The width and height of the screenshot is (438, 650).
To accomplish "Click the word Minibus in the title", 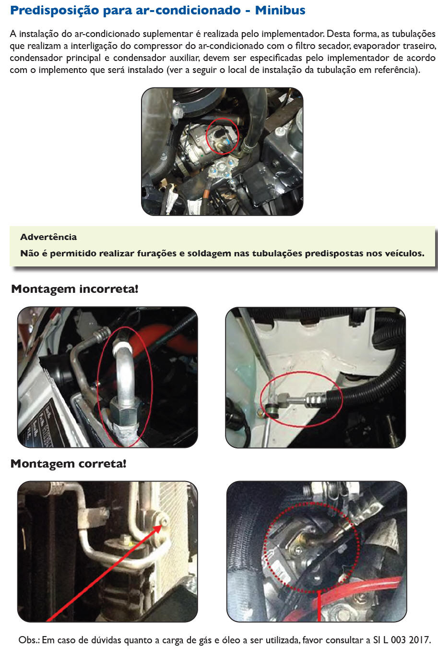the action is (x=280, y=10).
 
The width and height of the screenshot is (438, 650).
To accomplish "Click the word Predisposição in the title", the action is (x=54, y=11).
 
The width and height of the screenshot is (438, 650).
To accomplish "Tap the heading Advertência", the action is (x=48, y=237).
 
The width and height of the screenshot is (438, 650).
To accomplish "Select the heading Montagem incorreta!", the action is (x=74, y=289).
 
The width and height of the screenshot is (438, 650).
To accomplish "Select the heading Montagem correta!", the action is (x=69, y=463).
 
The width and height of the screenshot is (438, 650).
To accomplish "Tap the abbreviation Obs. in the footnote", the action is (x=29, y=640).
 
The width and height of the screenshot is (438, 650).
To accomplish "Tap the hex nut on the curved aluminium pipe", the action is (x=125, y=411).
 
